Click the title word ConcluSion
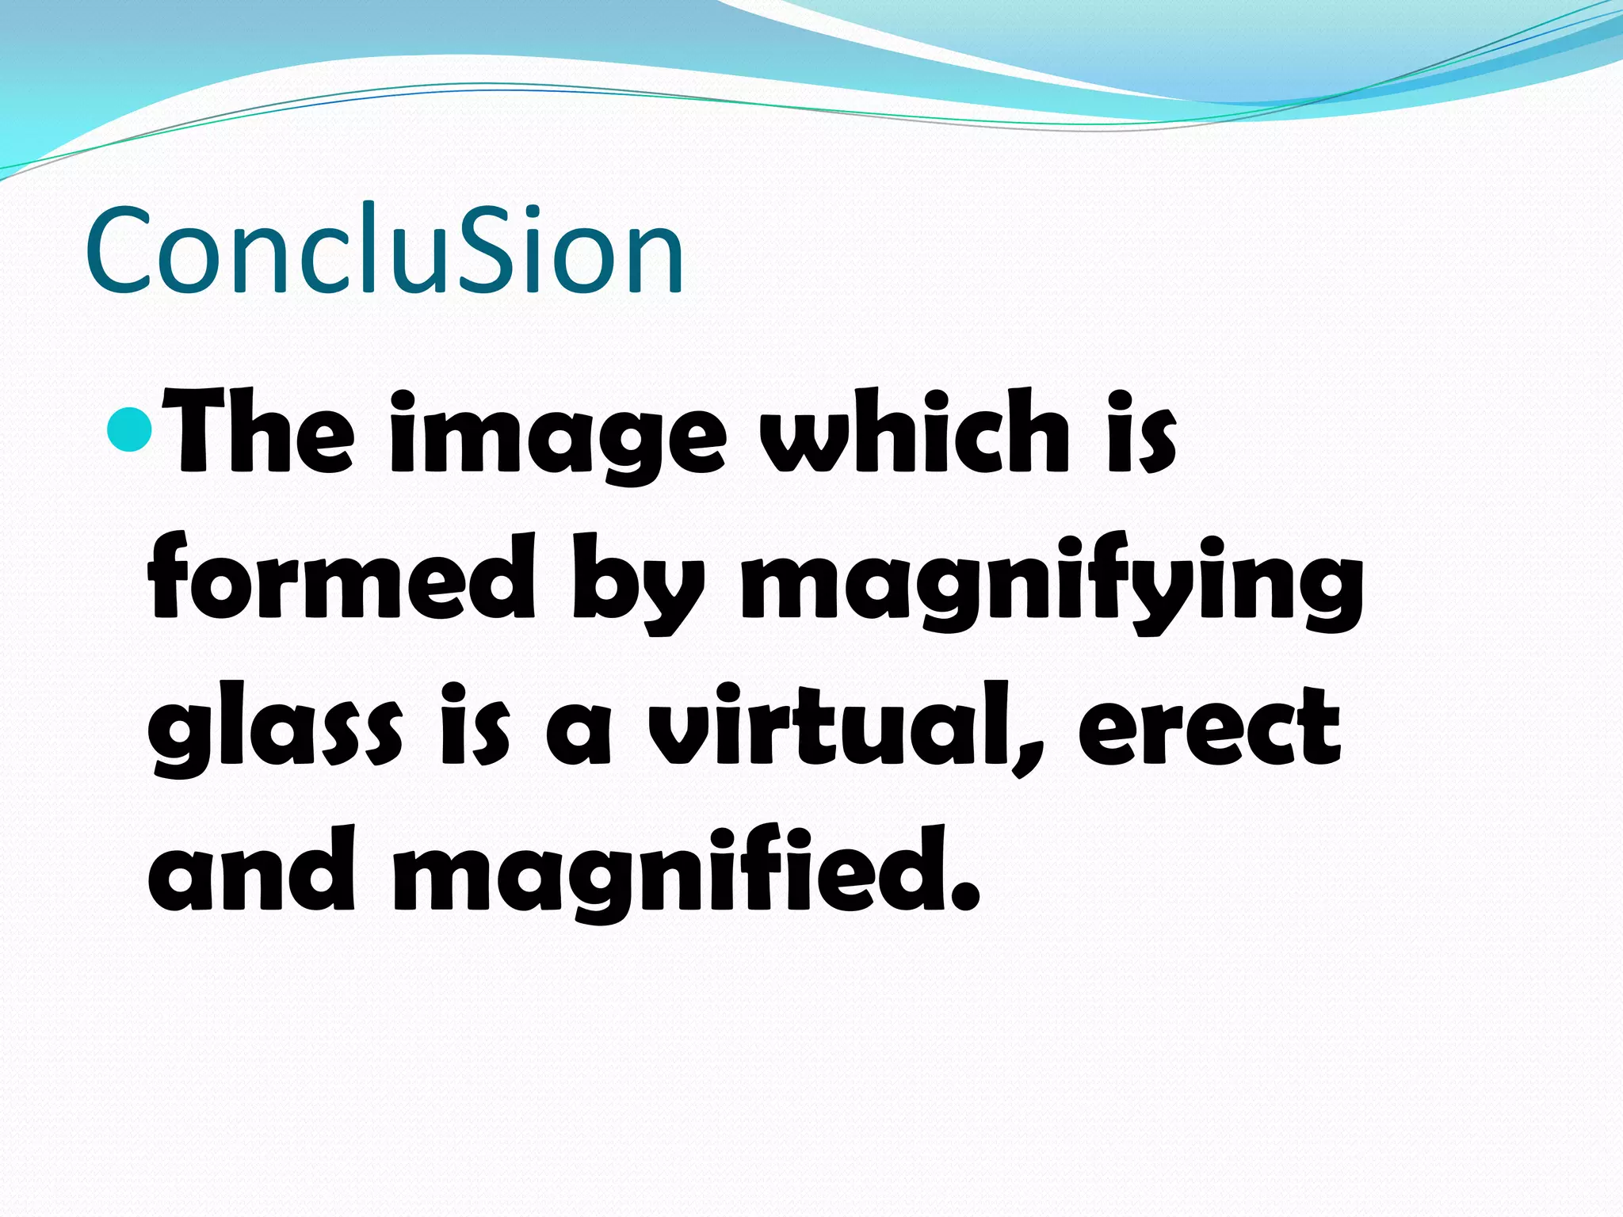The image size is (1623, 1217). (x=384, y=250)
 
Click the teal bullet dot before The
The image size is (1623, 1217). (x=128, y=428)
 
